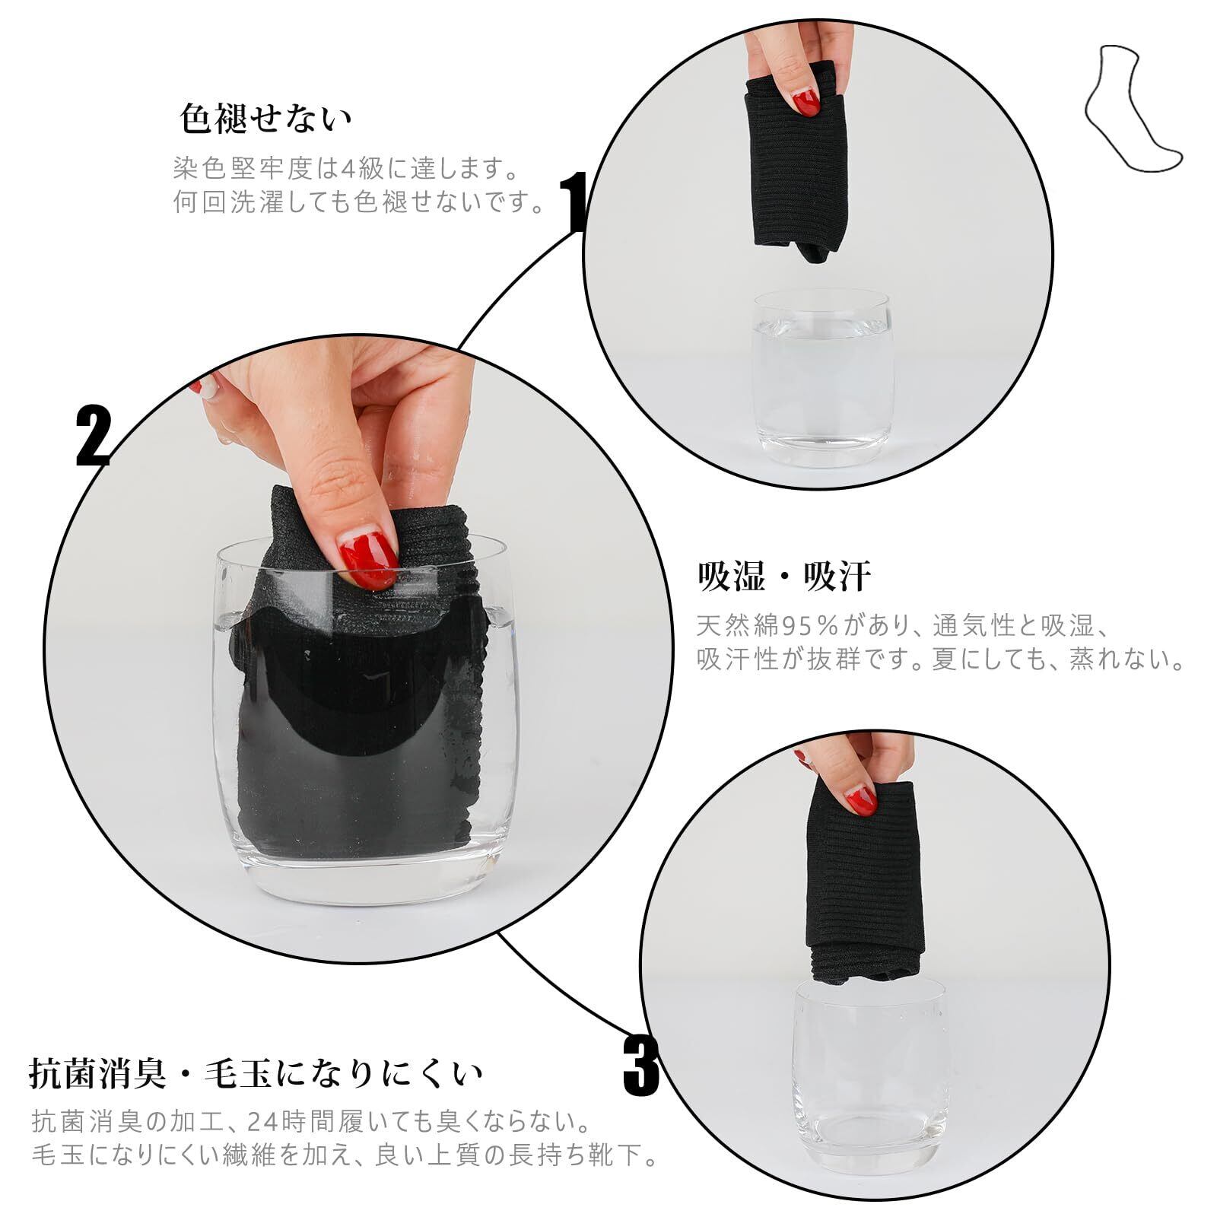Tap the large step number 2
[x=94, y=436]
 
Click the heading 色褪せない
[x=266, y=119]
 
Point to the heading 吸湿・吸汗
[x=784, y=577]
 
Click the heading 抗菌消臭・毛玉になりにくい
[x=256, y=1073]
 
